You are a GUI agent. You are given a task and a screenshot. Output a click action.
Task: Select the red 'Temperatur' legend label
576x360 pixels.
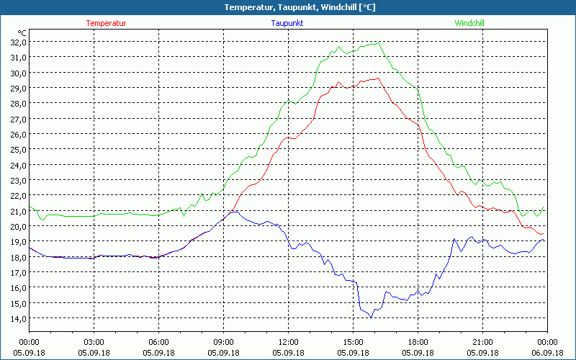click(106, 23)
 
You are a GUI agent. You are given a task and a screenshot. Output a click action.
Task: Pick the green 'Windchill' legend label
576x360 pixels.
click(469, 23)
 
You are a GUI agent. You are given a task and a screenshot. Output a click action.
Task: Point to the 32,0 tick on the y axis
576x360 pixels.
click(17, 42)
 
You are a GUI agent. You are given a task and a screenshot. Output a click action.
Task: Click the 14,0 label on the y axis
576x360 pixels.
click(17, 318)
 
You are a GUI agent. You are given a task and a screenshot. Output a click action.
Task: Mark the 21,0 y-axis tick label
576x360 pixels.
click(17, 211)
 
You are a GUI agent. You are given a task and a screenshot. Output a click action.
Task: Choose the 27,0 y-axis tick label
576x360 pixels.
click(17, 119)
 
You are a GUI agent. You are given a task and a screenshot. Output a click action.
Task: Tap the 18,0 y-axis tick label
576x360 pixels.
click(17, 257)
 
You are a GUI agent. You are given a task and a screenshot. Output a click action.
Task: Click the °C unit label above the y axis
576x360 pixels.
click(22, 33)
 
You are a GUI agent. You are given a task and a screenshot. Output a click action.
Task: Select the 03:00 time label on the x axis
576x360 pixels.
click(94, 342)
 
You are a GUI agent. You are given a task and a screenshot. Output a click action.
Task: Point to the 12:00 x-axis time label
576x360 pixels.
click(288, 342)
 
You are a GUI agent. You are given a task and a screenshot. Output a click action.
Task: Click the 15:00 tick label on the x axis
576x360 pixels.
click(353, 342)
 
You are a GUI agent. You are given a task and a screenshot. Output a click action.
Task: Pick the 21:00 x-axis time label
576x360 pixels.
click(482, 342)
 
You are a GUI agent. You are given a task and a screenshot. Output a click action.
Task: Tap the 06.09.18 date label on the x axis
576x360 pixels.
click(547, 352)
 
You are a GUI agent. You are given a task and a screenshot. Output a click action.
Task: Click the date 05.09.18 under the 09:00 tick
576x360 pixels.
click(223, 352)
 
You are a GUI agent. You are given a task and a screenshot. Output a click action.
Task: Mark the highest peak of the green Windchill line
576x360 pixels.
click(377, 42)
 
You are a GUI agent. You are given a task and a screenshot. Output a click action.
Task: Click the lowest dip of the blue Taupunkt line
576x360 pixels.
click(372, 317)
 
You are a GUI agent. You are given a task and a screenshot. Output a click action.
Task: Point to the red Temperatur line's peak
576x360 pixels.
click(377, 78)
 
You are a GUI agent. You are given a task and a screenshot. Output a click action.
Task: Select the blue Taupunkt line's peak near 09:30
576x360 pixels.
click(235, 211)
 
